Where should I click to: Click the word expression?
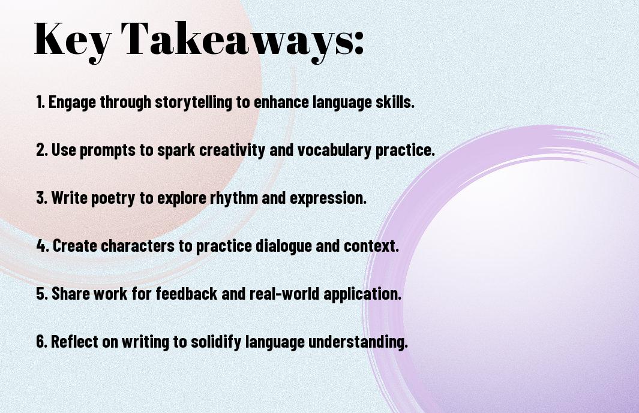(x=328, y=198)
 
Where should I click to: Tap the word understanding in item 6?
(x=358, y=342)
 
